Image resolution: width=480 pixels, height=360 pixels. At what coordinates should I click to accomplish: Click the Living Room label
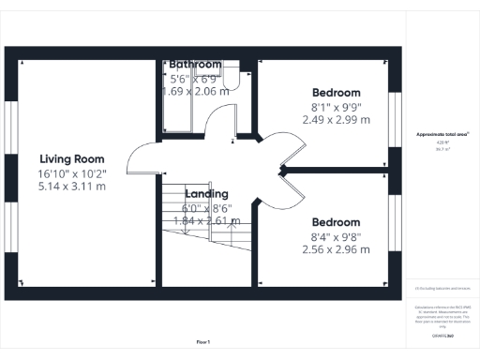(71, 158)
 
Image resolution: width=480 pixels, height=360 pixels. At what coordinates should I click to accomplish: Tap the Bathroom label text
(195, 65)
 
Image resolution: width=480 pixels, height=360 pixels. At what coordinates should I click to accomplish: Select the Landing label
(206, 194)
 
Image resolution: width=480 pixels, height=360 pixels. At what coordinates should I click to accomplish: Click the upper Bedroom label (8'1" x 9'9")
(336, 93)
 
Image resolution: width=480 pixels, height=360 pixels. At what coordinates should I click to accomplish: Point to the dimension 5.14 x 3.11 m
(71, 187)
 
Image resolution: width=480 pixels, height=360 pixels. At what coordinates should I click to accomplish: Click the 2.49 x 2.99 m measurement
(336, 120)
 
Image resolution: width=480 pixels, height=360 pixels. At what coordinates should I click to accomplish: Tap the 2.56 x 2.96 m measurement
(336, 250)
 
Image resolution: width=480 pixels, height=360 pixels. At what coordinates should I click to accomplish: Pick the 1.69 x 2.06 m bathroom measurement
(195, 92)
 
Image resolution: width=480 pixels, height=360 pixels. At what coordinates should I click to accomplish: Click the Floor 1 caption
(203, 341)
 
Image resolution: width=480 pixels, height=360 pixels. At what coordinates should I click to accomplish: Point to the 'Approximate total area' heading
(442, 135)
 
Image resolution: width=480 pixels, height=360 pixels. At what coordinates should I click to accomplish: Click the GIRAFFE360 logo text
(443, 335)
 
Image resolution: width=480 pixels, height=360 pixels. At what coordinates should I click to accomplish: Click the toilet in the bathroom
(233, 80)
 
